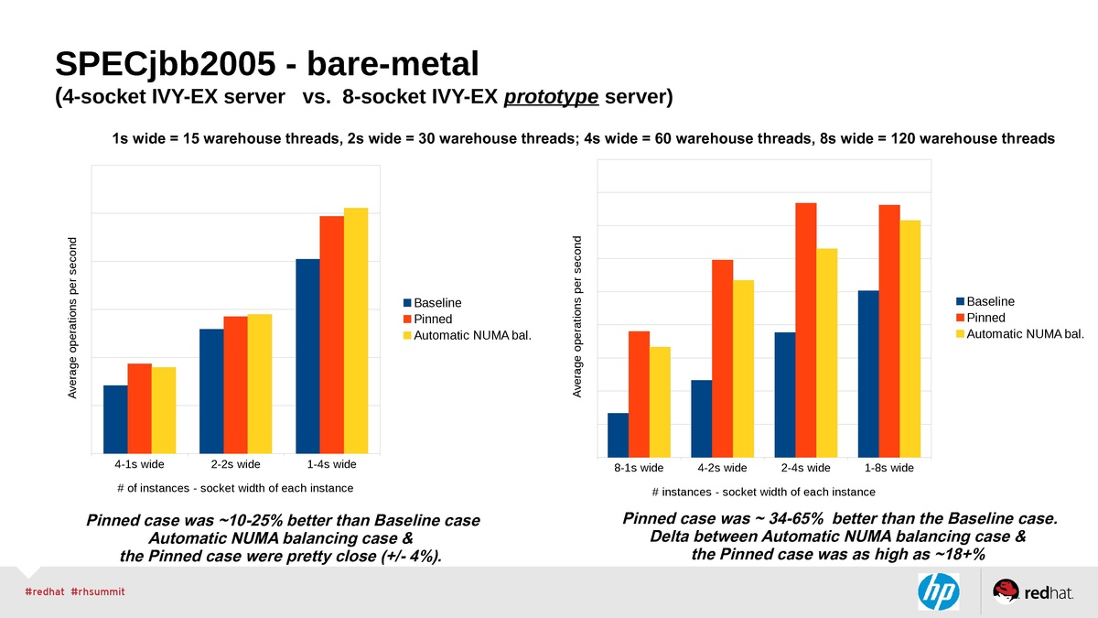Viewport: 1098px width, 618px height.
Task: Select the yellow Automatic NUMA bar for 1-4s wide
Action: click(356, 331)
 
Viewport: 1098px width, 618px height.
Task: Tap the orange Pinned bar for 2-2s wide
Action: click(235, 385)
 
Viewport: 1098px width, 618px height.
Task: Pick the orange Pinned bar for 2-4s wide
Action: click(805, 330)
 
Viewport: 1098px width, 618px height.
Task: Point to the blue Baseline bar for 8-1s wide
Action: click(619, 435)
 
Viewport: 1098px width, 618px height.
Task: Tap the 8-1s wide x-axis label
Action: click(639, 468)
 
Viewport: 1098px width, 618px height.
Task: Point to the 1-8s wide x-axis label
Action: click(889, 468)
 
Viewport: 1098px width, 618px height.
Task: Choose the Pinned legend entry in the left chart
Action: click(433, 320)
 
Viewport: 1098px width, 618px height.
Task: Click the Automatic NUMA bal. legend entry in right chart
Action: click(1025, 334)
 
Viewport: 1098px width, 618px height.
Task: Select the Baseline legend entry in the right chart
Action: click(990, 301)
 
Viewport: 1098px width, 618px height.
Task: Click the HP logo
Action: click(938, 591)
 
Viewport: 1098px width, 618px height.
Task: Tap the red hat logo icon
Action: click(1006, 591)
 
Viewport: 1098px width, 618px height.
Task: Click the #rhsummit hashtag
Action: click(97, 592)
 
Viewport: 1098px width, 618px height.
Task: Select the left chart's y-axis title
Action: click(73, 318)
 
